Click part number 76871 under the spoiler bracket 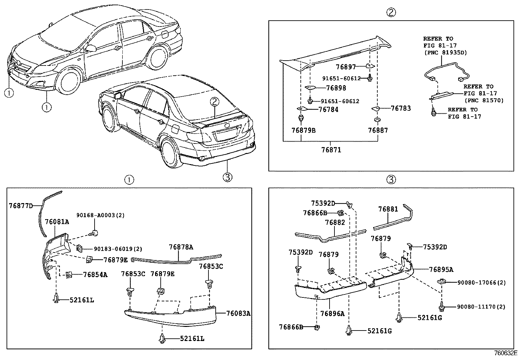[331, 150]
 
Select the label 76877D [21, 206]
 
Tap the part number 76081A [57, 222]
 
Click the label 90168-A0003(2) [96, 215]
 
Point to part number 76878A [181, 247]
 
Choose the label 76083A [238, 313]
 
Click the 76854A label [95, 275]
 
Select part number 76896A [332, 313]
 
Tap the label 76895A [441, 270]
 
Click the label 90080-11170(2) [481, 307]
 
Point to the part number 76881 [388, 209]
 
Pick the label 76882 [335, 222]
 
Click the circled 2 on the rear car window [214, 102]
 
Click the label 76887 [378, 130]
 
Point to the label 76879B [303, 130]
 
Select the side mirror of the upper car [91, 48]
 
